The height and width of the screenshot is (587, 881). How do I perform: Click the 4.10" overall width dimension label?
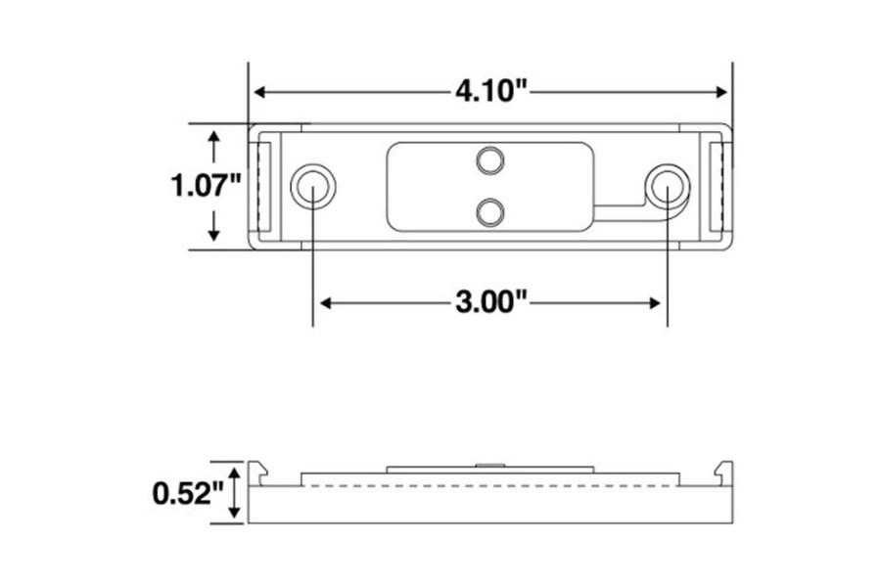[x=490, y=92]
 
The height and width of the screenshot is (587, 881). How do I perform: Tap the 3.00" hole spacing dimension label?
[x=490, y=303]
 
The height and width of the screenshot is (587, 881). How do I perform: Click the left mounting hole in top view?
[x=313, y=184]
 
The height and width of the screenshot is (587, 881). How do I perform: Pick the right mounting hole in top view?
[x=667, y=184]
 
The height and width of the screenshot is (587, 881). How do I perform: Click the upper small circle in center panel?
[x=490, y=159]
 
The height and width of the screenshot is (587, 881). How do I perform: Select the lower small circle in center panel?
[x=490, y=208]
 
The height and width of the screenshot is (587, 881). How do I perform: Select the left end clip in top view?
[x=261, y=186]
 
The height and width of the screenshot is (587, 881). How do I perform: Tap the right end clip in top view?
[x=719, y=186]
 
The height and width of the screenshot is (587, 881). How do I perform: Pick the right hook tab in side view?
[x=723, y=473]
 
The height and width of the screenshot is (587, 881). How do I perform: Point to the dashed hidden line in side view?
[x=489, y=486]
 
